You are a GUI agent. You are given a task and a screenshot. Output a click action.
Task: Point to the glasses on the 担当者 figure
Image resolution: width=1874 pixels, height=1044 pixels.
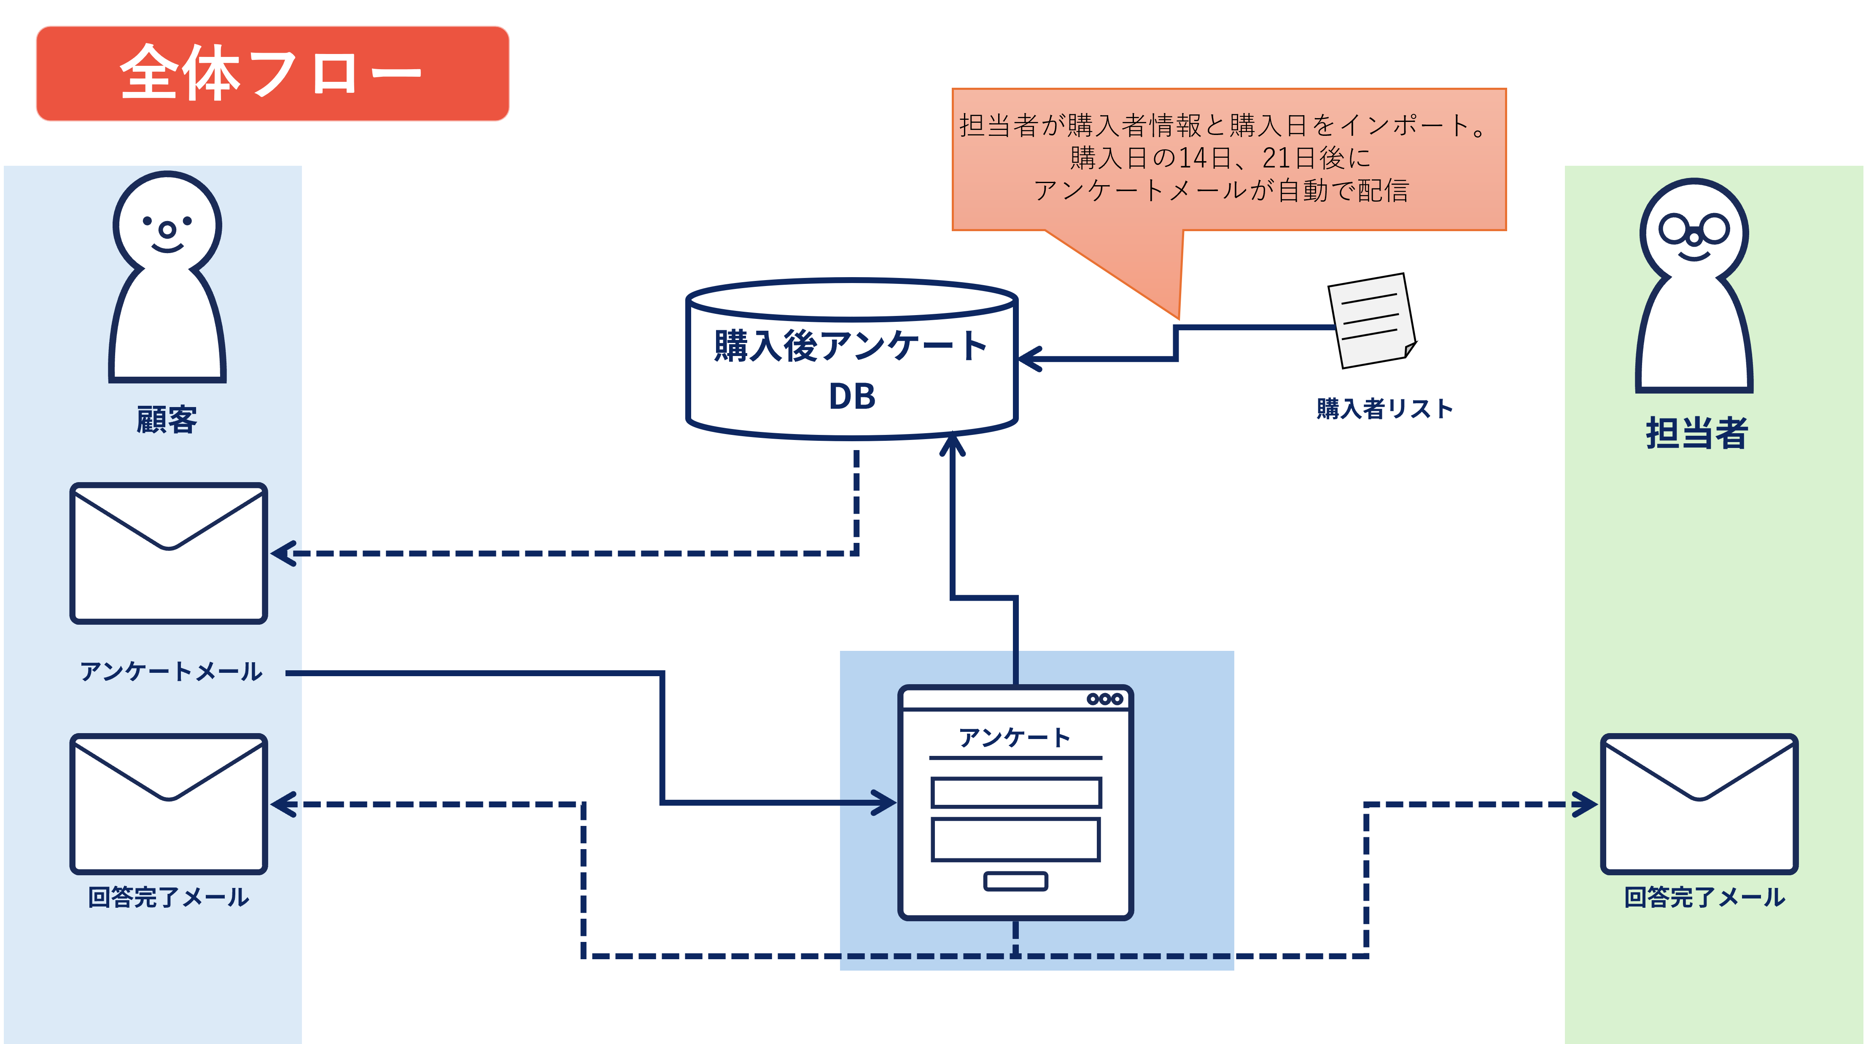coord(1694,231)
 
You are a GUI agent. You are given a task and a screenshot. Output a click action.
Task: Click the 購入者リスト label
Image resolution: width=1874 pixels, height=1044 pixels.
coord(1384,409)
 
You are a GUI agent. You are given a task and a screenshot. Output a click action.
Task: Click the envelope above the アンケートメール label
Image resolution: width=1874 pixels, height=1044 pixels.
coord(169,553)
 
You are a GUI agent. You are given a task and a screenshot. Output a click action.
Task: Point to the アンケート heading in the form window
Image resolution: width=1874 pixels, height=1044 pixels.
coord(1015,738)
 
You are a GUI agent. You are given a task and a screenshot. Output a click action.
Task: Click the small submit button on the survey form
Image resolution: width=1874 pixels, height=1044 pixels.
coord(1015,881)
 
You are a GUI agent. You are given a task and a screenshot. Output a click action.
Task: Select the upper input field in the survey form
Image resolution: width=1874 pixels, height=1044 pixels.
coord(1015,792)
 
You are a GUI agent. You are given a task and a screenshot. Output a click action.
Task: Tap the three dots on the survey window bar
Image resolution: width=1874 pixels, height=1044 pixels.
coord(1104,699)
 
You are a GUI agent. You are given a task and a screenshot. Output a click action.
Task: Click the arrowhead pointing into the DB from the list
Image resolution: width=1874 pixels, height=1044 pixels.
coord(1029,359)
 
